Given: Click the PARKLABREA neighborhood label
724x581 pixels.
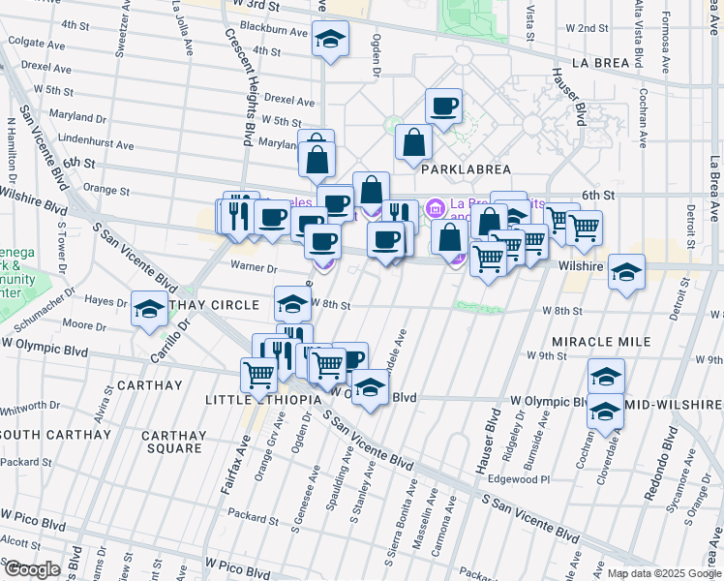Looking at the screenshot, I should point(458,168).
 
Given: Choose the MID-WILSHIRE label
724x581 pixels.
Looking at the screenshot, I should point(678,404).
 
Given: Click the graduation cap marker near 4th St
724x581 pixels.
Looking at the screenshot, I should point(330,40).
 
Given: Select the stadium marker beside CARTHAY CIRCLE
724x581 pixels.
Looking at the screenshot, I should point(149,309).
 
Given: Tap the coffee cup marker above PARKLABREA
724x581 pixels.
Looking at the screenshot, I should point(443,106).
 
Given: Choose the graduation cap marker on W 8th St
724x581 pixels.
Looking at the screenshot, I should point(292,303).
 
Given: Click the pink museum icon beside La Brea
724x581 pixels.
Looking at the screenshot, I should point(434,206).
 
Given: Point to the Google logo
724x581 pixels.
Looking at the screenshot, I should point(32,569).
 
